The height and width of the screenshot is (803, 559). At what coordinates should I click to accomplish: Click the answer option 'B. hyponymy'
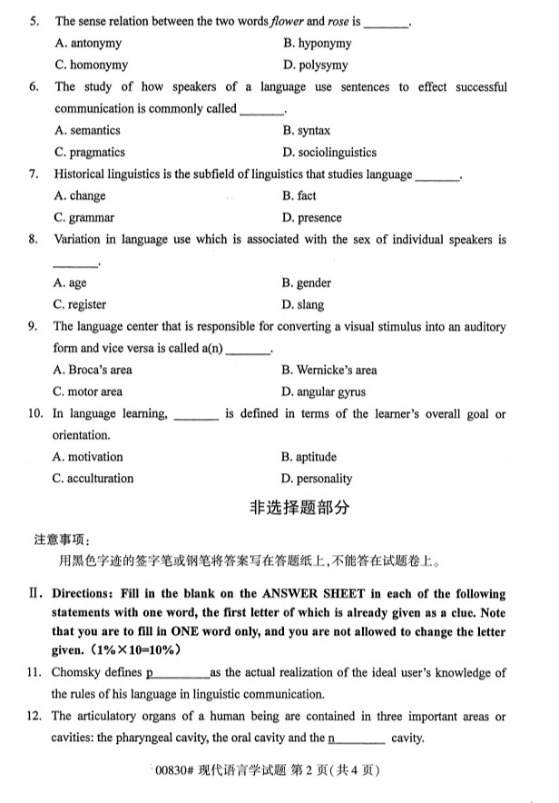point(317,43)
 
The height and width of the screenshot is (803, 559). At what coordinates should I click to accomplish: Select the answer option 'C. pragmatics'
point(90,153)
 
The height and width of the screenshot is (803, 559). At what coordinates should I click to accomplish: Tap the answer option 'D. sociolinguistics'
point(329,153)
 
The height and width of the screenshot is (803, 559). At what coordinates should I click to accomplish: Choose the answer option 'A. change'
point(80,195)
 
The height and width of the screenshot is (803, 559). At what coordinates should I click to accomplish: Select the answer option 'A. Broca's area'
point(93,370)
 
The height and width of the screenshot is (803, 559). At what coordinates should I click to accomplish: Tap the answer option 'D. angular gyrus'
point(324,392)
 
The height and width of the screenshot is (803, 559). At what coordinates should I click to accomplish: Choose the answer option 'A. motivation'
point(88,457)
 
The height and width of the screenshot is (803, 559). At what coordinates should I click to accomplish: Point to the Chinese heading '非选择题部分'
point(299,509)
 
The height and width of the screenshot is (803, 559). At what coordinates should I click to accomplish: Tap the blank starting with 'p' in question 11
point(177,673)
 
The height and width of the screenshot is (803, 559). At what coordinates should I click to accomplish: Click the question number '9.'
point(34,327)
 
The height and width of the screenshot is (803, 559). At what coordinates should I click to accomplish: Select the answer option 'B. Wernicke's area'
point(329,370)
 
